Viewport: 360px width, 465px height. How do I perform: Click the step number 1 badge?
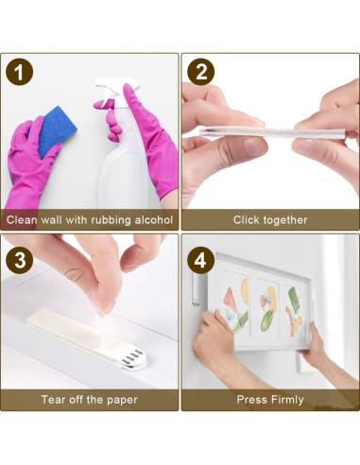pyautogui.click(x=19, y=72)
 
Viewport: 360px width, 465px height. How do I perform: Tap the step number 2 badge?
pyautogui.click(x=200, y=72)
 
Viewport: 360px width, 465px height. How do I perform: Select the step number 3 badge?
pyautogui.click(x=19, y=260)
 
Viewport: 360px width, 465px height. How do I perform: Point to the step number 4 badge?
pyautogui.click(x=200, y=260)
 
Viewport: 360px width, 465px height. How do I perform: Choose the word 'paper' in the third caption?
pyautogui.click(x=122, y=401)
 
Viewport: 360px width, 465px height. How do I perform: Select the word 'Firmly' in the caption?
pyautogui.click(x=287, y=400)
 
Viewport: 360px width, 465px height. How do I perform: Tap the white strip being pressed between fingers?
pyautogui.click(x=271, y=132)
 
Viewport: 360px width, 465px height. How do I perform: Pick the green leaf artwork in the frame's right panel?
pyautogui.click(x=294, y=298)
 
